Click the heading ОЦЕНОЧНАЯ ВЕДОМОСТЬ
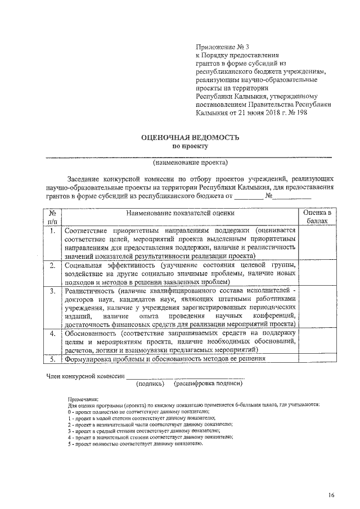point(190,137)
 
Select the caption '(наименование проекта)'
point(190,163)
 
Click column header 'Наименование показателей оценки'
point(180,214)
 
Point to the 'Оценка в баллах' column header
point(317,218)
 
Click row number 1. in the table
point(52,231)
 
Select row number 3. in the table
point(52,291)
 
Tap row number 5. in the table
point(52,358)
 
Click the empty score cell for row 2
point(317,273)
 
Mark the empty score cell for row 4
point(317,341)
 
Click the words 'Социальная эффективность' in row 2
point(110,264)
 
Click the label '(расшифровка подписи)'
point(208,384)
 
